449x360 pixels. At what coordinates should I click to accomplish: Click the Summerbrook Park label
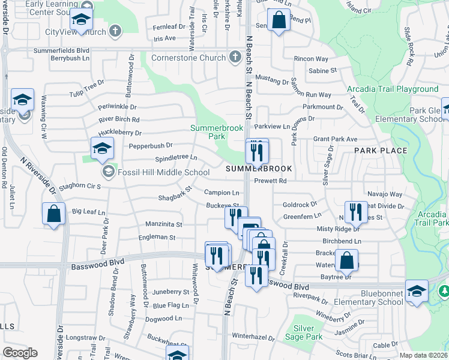[208, 132]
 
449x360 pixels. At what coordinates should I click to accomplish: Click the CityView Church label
[76, 32]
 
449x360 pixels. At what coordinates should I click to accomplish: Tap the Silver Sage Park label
[308, 332]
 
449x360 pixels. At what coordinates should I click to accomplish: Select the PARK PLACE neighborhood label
[381, 150]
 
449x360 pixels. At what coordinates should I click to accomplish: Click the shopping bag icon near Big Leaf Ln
[54, 214]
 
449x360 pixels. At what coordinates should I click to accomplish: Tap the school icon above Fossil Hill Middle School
[103, 148]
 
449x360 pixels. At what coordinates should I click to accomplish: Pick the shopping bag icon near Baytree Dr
[347, 260]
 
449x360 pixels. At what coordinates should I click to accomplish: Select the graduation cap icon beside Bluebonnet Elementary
[417, 290]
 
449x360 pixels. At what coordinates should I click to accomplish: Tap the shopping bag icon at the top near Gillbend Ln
[278, 20]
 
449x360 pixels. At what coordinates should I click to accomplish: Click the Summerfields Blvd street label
[62, 51]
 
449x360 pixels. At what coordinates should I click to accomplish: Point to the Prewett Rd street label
[270, 181]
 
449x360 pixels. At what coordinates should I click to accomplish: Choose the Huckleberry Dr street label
[121, 133]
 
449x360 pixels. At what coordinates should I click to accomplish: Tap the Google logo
[20, 353]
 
